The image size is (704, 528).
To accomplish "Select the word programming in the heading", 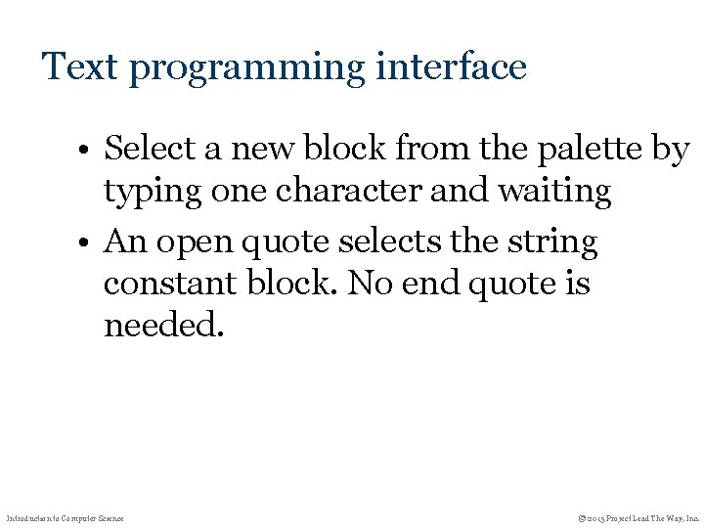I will [245, 68].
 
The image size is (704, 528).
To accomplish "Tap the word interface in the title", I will [453, 66].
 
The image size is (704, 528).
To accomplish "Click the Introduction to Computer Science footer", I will [65, 516].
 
